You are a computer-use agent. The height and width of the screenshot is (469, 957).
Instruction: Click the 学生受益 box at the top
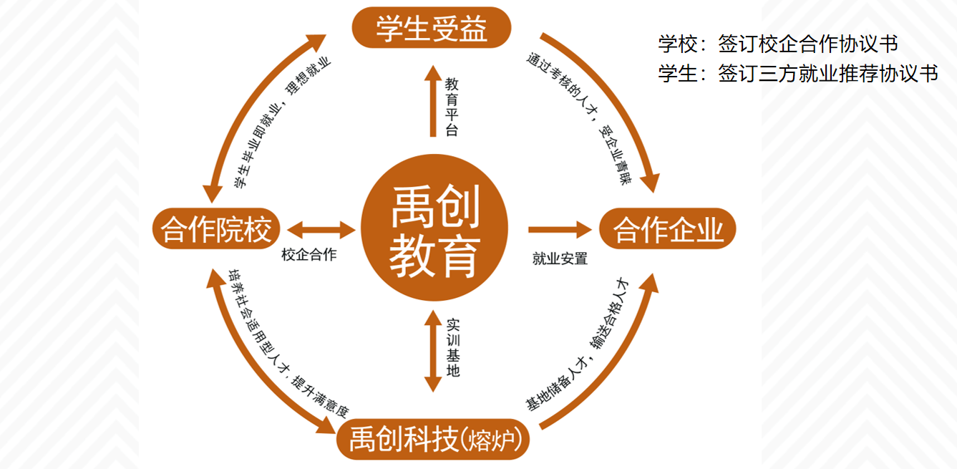(431, 28)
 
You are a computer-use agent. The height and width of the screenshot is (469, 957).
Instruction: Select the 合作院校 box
(215, 230)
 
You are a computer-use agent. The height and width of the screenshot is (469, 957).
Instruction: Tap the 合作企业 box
(668, 229)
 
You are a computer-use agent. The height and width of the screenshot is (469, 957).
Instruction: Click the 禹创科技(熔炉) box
(434, 438)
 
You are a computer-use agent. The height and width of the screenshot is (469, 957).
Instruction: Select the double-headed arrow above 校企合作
(321, 230)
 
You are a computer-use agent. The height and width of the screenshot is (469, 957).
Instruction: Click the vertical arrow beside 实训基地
(432, 351)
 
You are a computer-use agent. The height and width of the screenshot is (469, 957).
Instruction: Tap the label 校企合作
(309, 255)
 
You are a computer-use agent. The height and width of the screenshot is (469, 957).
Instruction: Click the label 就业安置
(560, 258)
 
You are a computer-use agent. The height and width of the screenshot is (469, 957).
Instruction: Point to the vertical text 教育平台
(452, 106)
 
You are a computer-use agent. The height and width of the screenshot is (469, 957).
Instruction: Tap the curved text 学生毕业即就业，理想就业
(282, 122)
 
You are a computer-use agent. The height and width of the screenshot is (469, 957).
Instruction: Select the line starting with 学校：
(778, 44)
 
